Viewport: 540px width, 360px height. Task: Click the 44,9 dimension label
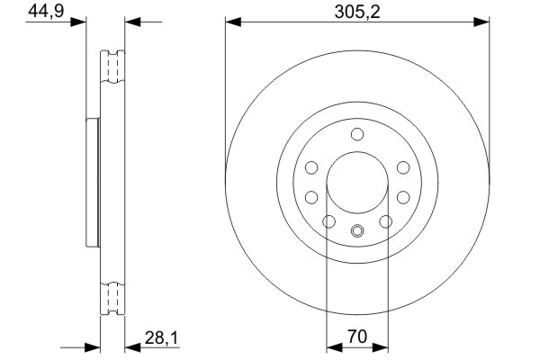[46, 11]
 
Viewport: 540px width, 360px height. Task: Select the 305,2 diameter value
[357, 13]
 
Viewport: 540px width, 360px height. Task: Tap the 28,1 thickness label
[161, 338]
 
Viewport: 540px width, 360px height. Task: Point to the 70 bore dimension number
[357, 337]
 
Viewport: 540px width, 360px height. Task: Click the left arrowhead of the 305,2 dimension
[233, 22]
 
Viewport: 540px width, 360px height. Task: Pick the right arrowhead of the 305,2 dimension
[481, 22]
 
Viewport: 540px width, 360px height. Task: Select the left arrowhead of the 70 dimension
[334, 347]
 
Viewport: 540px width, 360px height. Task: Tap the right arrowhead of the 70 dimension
[380, 347]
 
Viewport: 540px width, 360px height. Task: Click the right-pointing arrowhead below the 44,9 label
[78, 22]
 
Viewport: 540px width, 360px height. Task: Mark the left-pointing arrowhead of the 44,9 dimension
[132, 22]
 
